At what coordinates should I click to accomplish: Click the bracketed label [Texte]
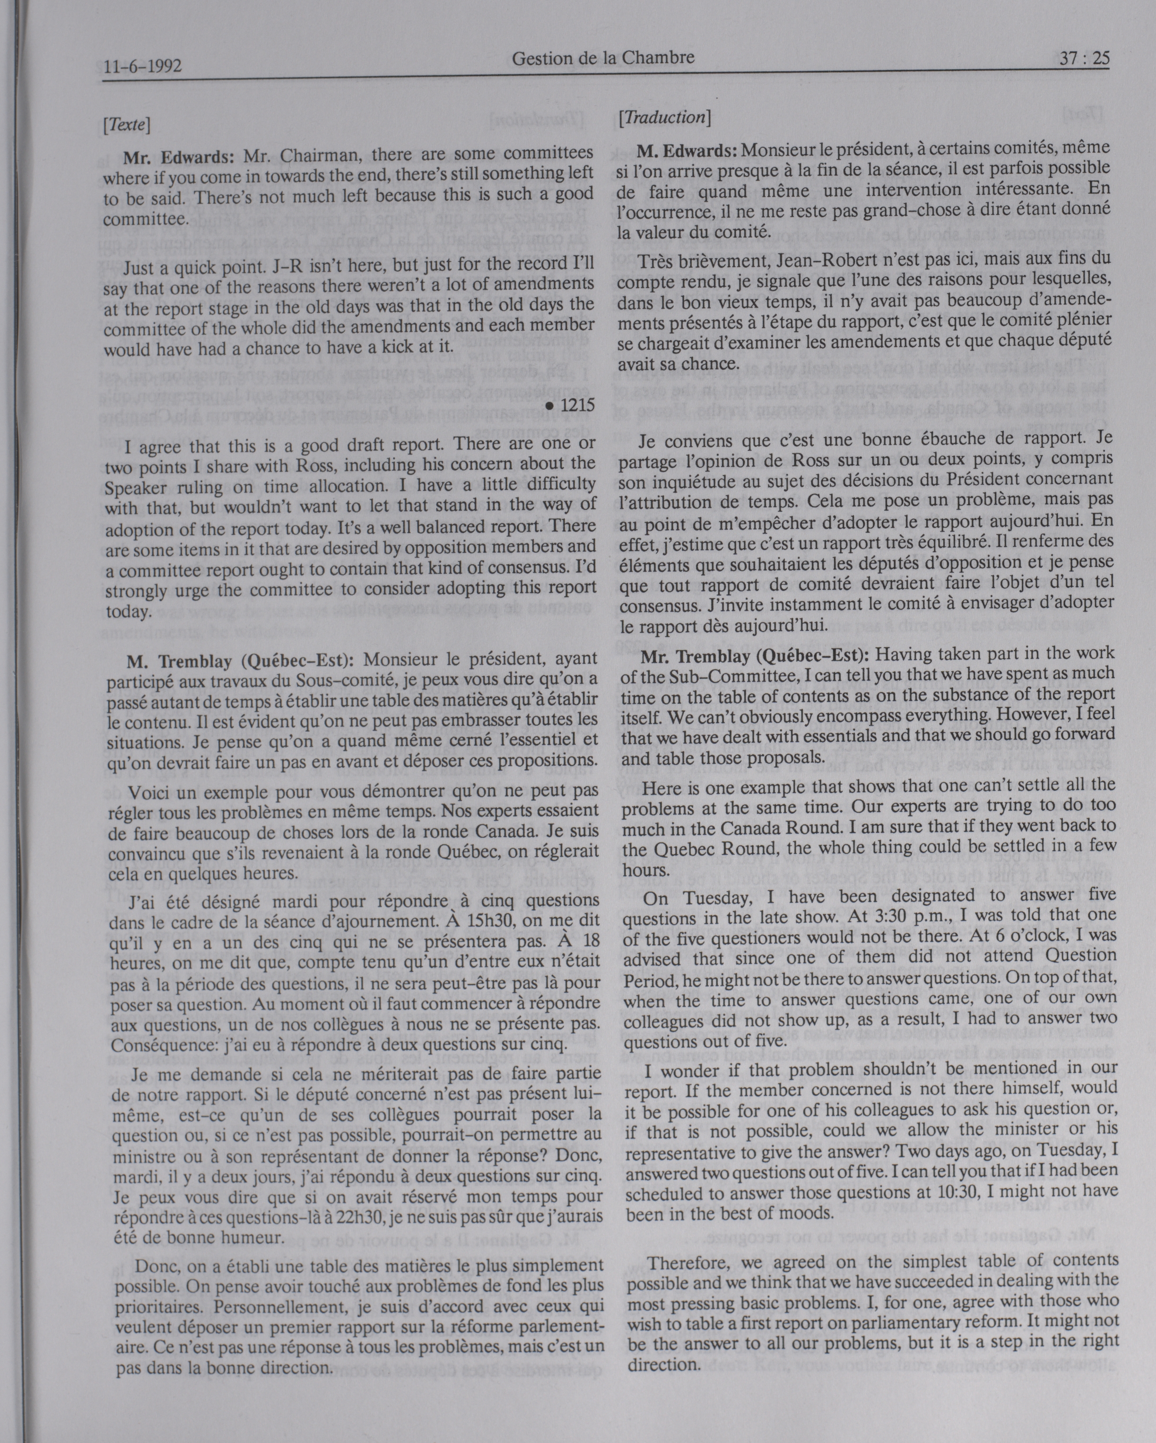tap(127, 124)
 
